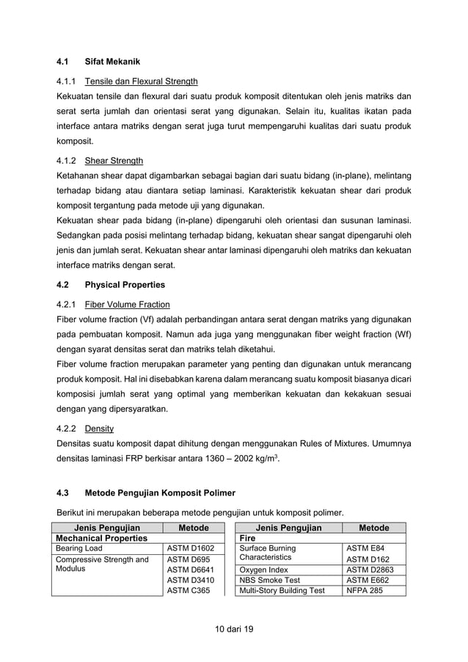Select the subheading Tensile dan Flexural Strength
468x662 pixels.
[x=141, y=81]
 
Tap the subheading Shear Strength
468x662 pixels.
[x=114, y=161]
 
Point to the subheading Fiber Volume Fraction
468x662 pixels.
[x=127, y=304]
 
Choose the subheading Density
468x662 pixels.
[x=99, y=428]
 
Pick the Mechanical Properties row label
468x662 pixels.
[x=99, y=537]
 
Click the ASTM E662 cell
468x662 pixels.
[x=367, y=579]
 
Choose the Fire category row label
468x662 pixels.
[x=248, y=537]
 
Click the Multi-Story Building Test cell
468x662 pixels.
[x=282, y=589]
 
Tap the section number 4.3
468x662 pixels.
[x=62, y=492]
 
